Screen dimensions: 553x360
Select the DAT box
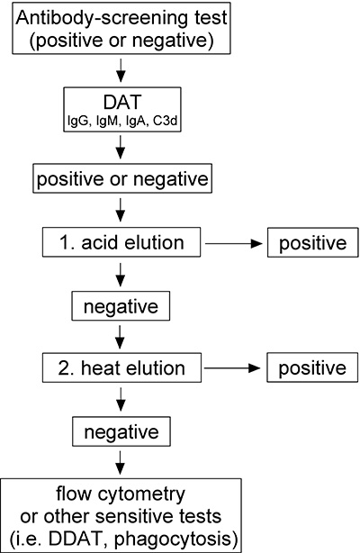point(121,111)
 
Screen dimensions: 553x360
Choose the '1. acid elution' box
point(121,243)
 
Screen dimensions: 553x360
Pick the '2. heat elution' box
point(121,368)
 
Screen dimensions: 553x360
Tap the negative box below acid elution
point(121,306)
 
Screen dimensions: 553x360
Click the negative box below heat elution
point(121,431)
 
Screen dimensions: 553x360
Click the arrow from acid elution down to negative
point(121,275)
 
